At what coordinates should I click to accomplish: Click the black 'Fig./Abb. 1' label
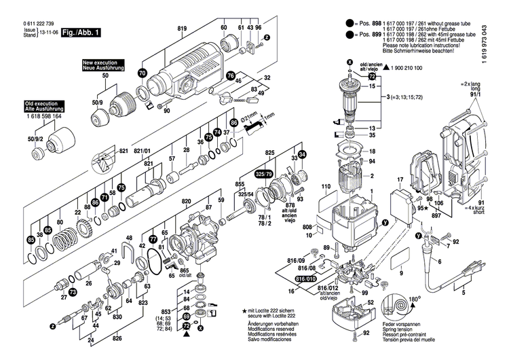click(81, 32)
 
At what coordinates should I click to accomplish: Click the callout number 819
click(182, 28)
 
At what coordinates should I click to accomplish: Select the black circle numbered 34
click(302, 154)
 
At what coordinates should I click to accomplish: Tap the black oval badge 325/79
click(264, 174)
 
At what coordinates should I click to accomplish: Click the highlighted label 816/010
click(306, 279)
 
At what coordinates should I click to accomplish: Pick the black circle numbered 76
click(231, 75)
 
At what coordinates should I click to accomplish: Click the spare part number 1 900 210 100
click(415, 69)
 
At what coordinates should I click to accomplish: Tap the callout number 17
click(400, 180)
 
